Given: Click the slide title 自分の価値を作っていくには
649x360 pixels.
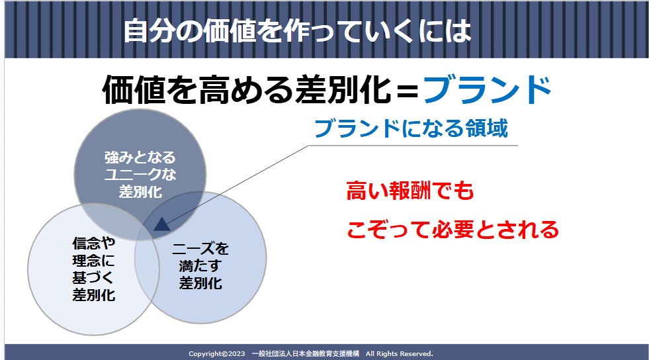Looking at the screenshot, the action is [297, 30].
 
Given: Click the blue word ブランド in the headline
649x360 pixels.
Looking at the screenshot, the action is [487, 90].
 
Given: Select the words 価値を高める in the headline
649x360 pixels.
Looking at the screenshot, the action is [197, 90].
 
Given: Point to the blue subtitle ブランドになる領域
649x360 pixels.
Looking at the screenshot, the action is [411, 128].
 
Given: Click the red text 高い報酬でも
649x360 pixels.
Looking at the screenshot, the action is [410, 191].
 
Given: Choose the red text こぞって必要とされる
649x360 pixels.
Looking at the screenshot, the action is [453, 230].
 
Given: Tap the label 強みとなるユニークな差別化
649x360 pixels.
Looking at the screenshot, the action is [140, 175].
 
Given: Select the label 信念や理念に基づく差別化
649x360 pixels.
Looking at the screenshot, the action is [93, 269].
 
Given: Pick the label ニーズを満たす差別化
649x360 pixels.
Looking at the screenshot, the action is [200, 266].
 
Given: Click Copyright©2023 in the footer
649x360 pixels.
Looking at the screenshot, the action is [217, 354].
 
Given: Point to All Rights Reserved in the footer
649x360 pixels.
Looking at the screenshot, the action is [400, 354].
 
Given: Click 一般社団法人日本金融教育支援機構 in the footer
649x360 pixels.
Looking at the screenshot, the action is [306, 354].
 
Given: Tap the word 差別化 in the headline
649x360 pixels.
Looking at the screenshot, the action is [343, 90].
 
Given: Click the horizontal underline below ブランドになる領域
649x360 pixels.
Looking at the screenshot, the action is [413, 146].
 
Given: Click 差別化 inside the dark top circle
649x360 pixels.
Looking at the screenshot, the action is [140, 192].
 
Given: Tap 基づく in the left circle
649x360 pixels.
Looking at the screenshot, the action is [93, 278].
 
